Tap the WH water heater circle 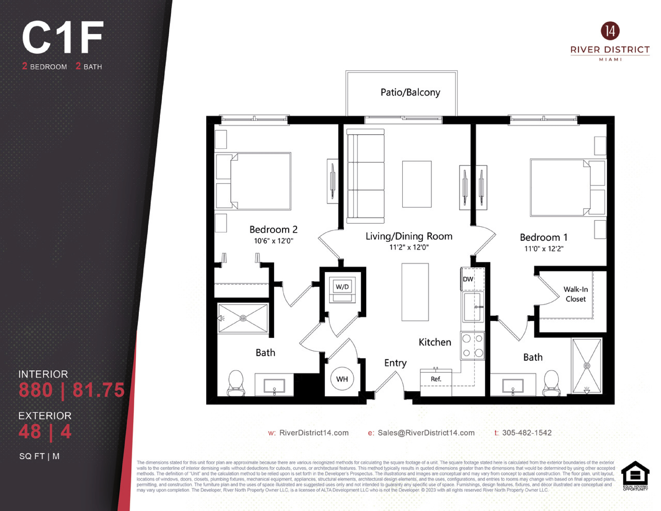tap(342, 379)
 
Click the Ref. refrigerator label tap(436, 379)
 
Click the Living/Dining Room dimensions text tap(409, 247)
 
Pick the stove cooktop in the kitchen tap(473, 346)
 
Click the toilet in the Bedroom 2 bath tap(236, 383)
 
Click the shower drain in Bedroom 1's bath tap(586, 366)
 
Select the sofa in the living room tap(366, 176)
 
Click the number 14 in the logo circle tap(610, 31)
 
